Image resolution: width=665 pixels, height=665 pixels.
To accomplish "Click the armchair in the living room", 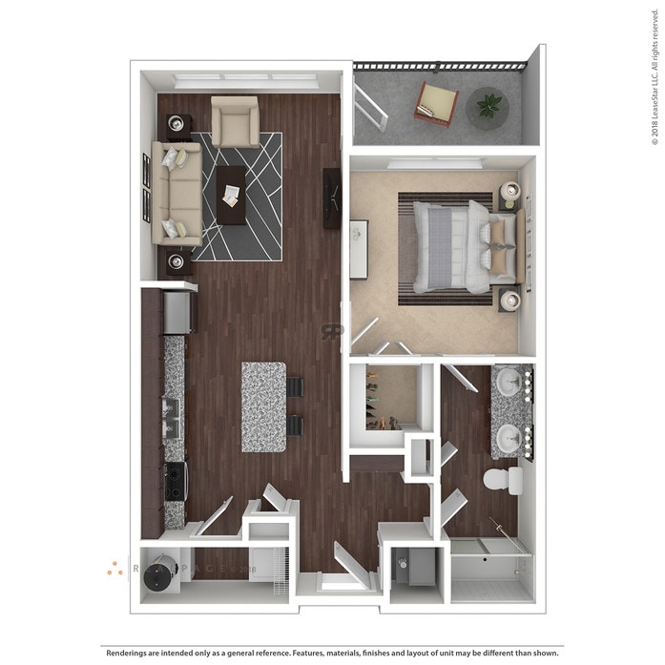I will click(x=235, y=121).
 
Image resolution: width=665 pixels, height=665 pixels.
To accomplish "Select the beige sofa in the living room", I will click(x=177, y=194).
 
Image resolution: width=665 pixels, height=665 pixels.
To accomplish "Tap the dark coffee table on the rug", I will click(x=231, y=195).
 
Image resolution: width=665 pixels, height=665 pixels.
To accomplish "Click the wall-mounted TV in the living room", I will click(x=332, y=197).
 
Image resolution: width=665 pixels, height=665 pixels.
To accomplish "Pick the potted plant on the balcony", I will click(x=488, y=106).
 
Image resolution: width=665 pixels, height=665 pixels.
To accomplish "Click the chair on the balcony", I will click(x=437, y=104).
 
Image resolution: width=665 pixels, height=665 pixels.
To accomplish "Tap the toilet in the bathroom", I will click(x=502, y=479).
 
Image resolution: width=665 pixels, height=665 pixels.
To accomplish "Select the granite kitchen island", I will click(x=264, y=406).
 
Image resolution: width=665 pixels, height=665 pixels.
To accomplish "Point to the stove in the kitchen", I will click(x=175, y=481).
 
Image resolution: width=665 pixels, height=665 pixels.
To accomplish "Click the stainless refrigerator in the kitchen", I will click(x=177, y=312).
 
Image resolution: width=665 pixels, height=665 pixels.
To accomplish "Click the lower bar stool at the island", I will click(x=295, y=426).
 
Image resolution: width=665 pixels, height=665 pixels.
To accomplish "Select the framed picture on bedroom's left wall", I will click(x=359, y=249).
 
